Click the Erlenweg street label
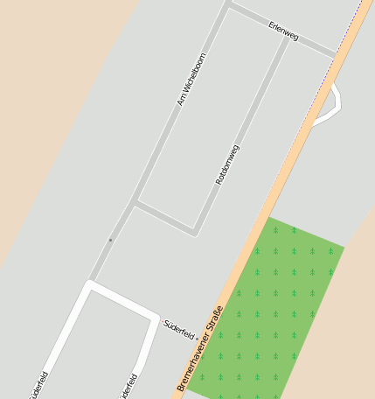pyautogui.click(x=283, y=31)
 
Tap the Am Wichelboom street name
pyautogui.click(x=191, y=80)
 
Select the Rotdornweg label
pyautogui.click(x=227, y=164)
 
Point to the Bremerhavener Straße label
pyautogui.click(x=200, y=348)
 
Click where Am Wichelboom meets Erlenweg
pyautogui.click(x=229, y=5)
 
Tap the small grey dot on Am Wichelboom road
pyautogui.click(x=110, y=239)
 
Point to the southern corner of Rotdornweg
pyautogui.click(x=194, y=233)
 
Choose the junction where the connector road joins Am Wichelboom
pyautogui.click(x=135, y=203)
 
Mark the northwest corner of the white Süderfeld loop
pyautogui.click(x=89, y=283)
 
